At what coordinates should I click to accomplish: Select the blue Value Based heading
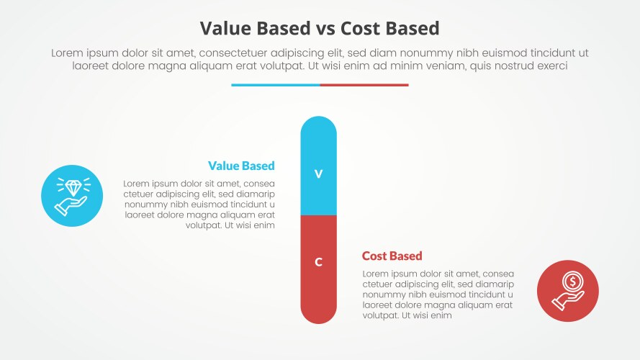point(241,166)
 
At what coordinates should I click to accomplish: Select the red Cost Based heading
point(392,256)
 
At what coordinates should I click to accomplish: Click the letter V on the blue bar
point(318,174)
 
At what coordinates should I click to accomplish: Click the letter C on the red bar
point(318,262)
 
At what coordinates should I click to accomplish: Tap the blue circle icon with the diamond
point(73,196)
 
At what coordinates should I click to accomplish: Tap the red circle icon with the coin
point(567,291)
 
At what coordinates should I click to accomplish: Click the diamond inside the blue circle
point(73,188)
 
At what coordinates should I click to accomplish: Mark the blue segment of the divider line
point(275,85)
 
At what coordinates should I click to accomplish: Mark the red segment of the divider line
point(364,85)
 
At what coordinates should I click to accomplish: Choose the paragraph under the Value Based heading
point(199,204)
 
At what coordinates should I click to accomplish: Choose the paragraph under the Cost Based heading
point(438,294)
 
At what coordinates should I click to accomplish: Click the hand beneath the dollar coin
point(564,300)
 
